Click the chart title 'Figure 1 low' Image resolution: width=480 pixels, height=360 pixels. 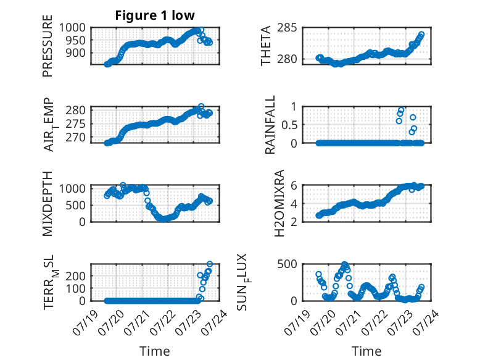tap(155, 15)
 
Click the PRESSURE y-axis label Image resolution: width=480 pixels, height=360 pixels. tap(48, 46)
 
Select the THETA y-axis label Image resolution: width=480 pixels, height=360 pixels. tap(266, 46)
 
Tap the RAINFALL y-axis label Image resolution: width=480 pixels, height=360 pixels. tap(270, 125)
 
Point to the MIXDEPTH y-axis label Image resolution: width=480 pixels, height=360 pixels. tap(48, 204)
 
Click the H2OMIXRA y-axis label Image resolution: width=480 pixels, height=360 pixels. tap(279, 203)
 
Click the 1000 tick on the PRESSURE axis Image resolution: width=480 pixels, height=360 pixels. tap(72, 28)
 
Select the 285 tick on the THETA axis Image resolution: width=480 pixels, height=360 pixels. tap(287, 28)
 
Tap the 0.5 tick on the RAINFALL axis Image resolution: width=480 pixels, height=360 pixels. tap(289, 125)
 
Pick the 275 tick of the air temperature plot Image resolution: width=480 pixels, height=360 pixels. tap(76, 124)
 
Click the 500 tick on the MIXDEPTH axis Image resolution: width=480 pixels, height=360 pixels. tap(76, 205)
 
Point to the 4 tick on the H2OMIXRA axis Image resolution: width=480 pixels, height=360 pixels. tap(294, 203)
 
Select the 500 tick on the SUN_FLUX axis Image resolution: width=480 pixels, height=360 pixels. tap(287, 264)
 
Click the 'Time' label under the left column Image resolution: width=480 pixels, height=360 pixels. tap(155, 351)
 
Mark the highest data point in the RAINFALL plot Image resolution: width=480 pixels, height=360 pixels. tap(401, 110)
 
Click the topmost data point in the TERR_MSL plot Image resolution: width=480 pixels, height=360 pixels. tap(210, 264)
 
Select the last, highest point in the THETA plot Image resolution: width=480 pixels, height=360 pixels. tap(421, 34)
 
